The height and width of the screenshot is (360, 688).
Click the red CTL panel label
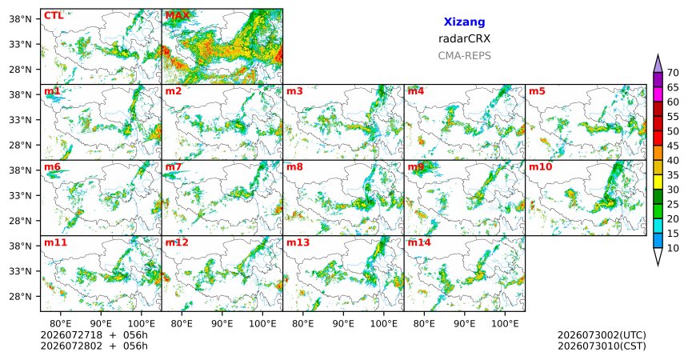pos(54,16)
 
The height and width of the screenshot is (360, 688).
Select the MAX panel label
pos(178,16)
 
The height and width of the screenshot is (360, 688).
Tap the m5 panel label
pos(537,91)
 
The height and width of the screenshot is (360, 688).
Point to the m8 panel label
pos(294,167)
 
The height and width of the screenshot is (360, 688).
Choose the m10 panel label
pos(541,167)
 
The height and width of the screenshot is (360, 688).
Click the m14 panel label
pos(419,242)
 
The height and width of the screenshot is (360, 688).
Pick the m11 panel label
pos(56,242)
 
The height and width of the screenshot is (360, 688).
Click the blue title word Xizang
pos(464,22)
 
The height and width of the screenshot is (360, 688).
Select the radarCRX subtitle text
pos(464,38)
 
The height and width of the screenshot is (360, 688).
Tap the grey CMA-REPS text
pos(464,56)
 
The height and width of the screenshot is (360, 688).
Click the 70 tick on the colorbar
pos(673,73)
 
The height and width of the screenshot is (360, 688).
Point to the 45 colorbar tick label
pos(673,146)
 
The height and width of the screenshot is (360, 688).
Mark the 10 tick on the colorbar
pos(673,248)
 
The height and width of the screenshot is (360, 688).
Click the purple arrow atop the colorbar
pos(658,65)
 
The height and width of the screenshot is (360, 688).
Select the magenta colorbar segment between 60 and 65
pos(658,94)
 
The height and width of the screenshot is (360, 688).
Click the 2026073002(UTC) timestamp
pos(602,335)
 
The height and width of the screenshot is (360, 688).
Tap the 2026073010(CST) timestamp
pos(602,346)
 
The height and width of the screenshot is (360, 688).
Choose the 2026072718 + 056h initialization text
pos(94,335)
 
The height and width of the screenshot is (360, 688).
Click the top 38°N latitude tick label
pos(20,19)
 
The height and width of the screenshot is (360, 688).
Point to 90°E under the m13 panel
pos(343,324)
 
